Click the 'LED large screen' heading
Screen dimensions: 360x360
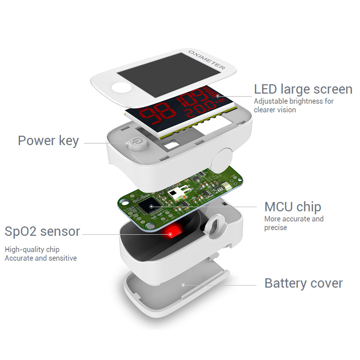point(303,90)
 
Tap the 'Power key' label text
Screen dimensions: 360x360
point(49,140)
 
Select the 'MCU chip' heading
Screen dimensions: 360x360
point(293,207)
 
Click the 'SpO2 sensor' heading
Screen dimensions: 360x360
point(42,231)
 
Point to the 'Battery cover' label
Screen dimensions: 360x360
point(303,283)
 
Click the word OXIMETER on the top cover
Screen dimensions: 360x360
point(207,60)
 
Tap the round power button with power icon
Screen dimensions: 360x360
point(137,144)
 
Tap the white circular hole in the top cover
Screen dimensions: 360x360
point(121,88)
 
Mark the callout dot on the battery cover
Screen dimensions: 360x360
point(183,285)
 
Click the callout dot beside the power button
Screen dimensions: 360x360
point(127,143)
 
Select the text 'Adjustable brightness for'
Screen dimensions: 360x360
point(294,101)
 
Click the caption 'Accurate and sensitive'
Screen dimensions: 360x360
point(41,258)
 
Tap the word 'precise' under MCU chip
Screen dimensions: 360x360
point(276,228)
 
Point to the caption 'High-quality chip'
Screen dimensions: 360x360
point(32,249)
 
